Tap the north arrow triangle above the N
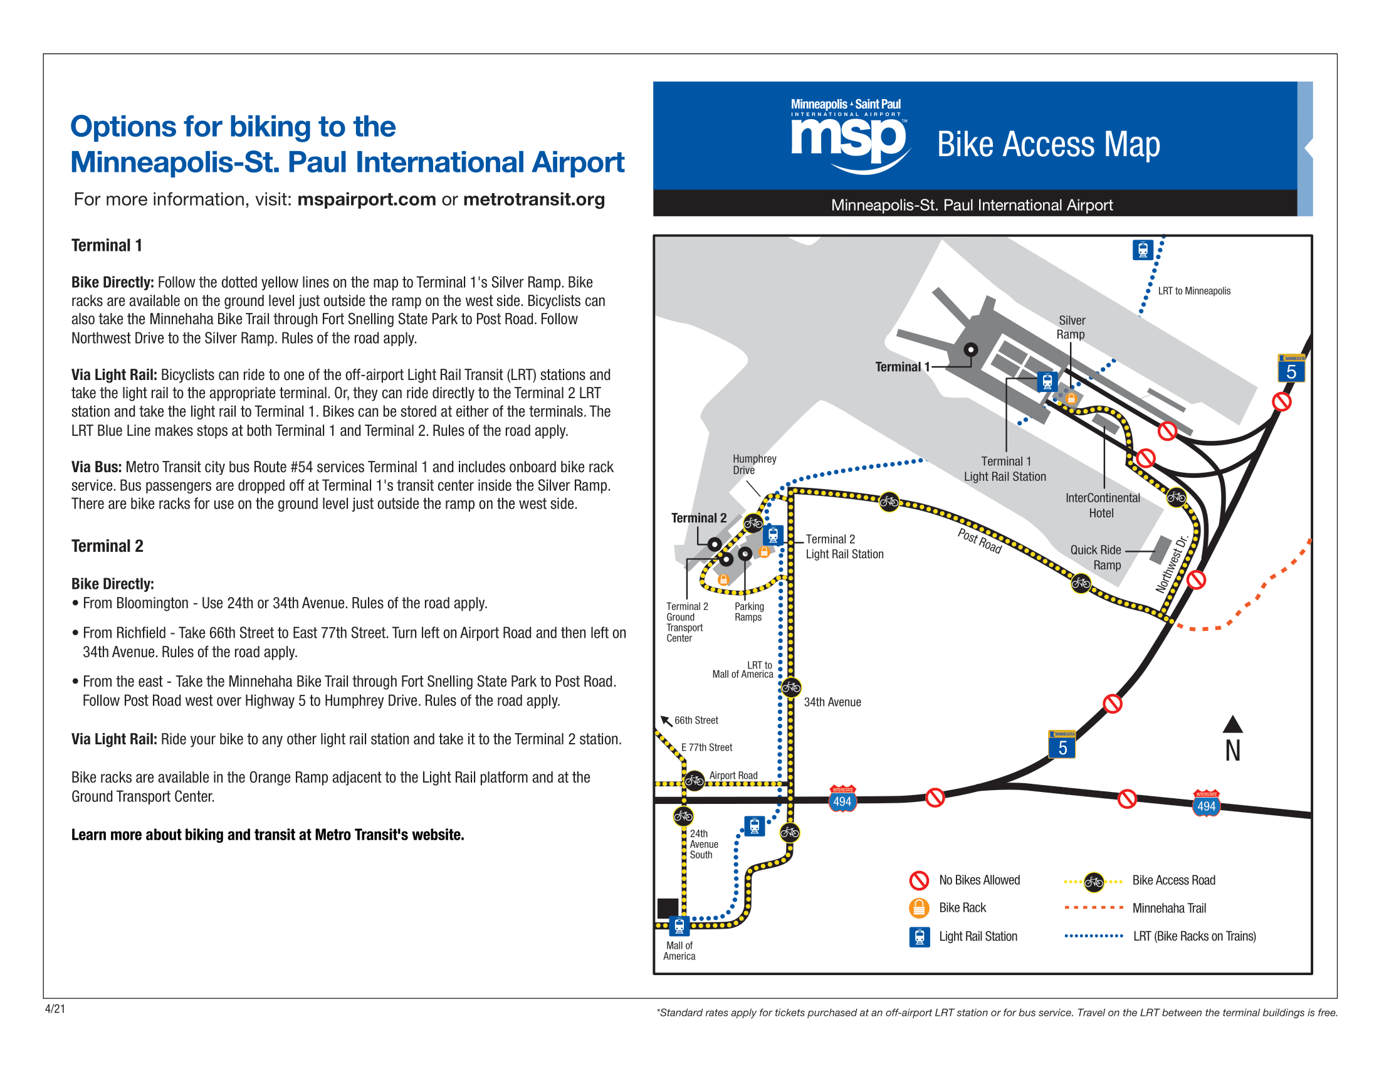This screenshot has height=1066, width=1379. tap(1232, 724)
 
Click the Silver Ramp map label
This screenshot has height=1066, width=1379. tap(1071, 327)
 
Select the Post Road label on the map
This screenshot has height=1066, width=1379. tap(979, 541)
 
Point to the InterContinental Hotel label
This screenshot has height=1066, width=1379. tap(1103, 505)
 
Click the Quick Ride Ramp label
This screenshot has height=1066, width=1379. tap(1096, 557)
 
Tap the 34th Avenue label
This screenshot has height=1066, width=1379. tap(832, 702)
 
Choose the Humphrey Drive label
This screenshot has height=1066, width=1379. tap(754, 464)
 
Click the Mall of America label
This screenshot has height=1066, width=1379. tap(679, 951)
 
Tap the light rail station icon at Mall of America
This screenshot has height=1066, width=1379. tap(679, 926)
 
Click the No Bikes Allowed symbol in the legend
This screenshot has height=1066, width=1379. tap(919, 880)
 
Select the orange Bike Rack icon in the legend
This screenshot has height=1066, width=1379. tap(919, 907)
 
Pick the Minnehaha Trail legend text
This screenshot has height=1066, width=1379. tap(1169, 908)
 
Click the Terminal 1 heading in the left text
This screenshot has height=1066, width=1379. tap(107, 245)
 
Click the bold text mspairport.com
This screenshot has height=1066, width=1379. tap(366, 199)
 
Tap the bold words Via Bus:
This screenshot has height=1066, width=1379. tap(96, 467)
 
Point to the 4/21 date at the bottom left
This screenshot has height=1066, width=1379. tap(55, 1008)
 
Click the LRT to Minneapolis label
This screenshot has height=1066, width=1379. tap(1193, 290)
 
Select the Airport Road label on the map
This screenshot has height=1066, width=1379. tap(733, 775)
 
